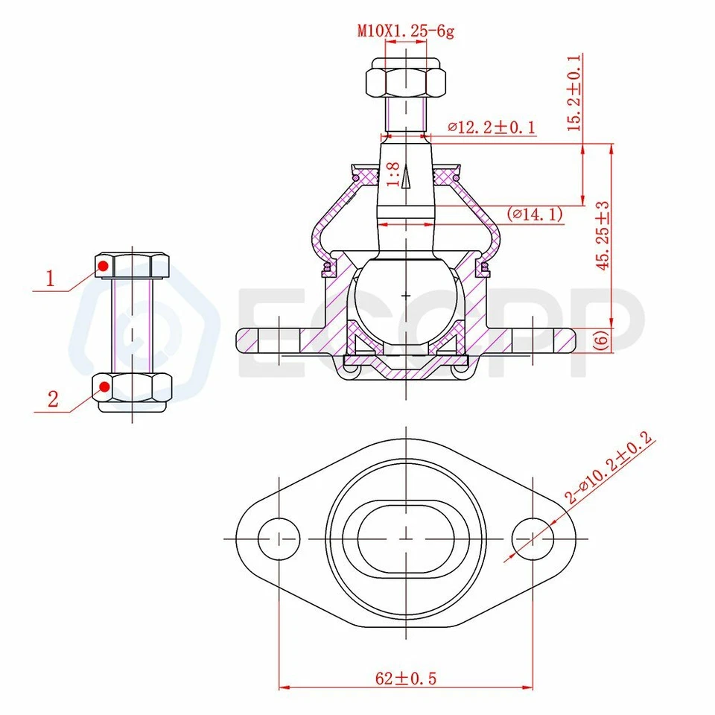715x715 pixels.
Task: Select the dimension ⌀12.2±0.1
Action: [491, 127]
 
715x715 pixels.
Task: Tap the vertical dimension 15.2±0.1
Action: [574, 93]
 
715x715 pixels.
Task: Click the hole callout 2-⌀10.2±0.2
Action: [608, 470]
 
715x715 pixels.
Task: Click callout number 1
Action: [51, 279]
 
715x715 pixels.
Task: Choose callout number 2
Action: [52, 398]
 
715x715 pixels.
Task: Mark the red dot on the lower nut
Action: [105, 387]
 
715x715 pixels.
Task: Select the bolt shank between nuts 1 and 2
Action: [133, 325]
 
